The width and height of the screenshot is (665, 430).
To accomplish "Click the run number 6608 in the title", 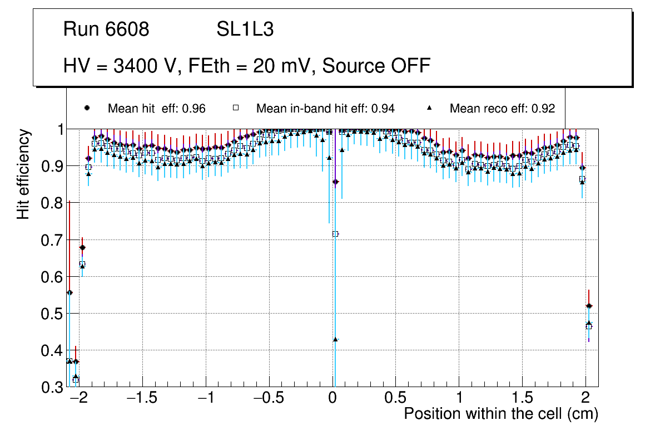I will tap(127, 30).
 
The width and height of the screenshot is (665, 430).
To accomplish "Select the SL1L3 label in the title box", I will tap(245, 30).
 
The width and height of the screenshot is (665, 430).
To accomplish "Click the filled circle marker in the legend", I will tap(86, 108).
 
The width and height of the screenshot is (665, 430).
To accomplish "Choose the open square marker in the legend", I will tap(235, 108).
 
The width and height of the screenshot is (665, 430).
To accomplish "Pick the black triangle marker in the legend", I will tap(429, 108).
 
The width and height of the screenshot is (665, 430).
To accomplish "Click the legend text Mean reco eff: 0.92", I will tap(502, 109).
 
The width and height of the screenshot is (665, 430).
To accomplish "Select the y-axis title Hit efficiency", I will tap(23, 174).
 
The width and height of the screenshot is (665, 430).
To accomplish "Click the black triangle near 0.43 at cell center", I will tap(335, 339).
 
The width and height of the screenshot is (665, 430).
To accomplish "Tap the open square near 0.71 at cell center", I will tap(335, 234).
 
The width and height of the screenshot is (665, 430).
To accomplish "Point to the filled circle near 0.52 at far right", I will tap(589, 306).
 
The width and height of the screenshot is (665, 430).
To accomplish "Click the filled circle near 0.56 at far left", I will tap(70, 292).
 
